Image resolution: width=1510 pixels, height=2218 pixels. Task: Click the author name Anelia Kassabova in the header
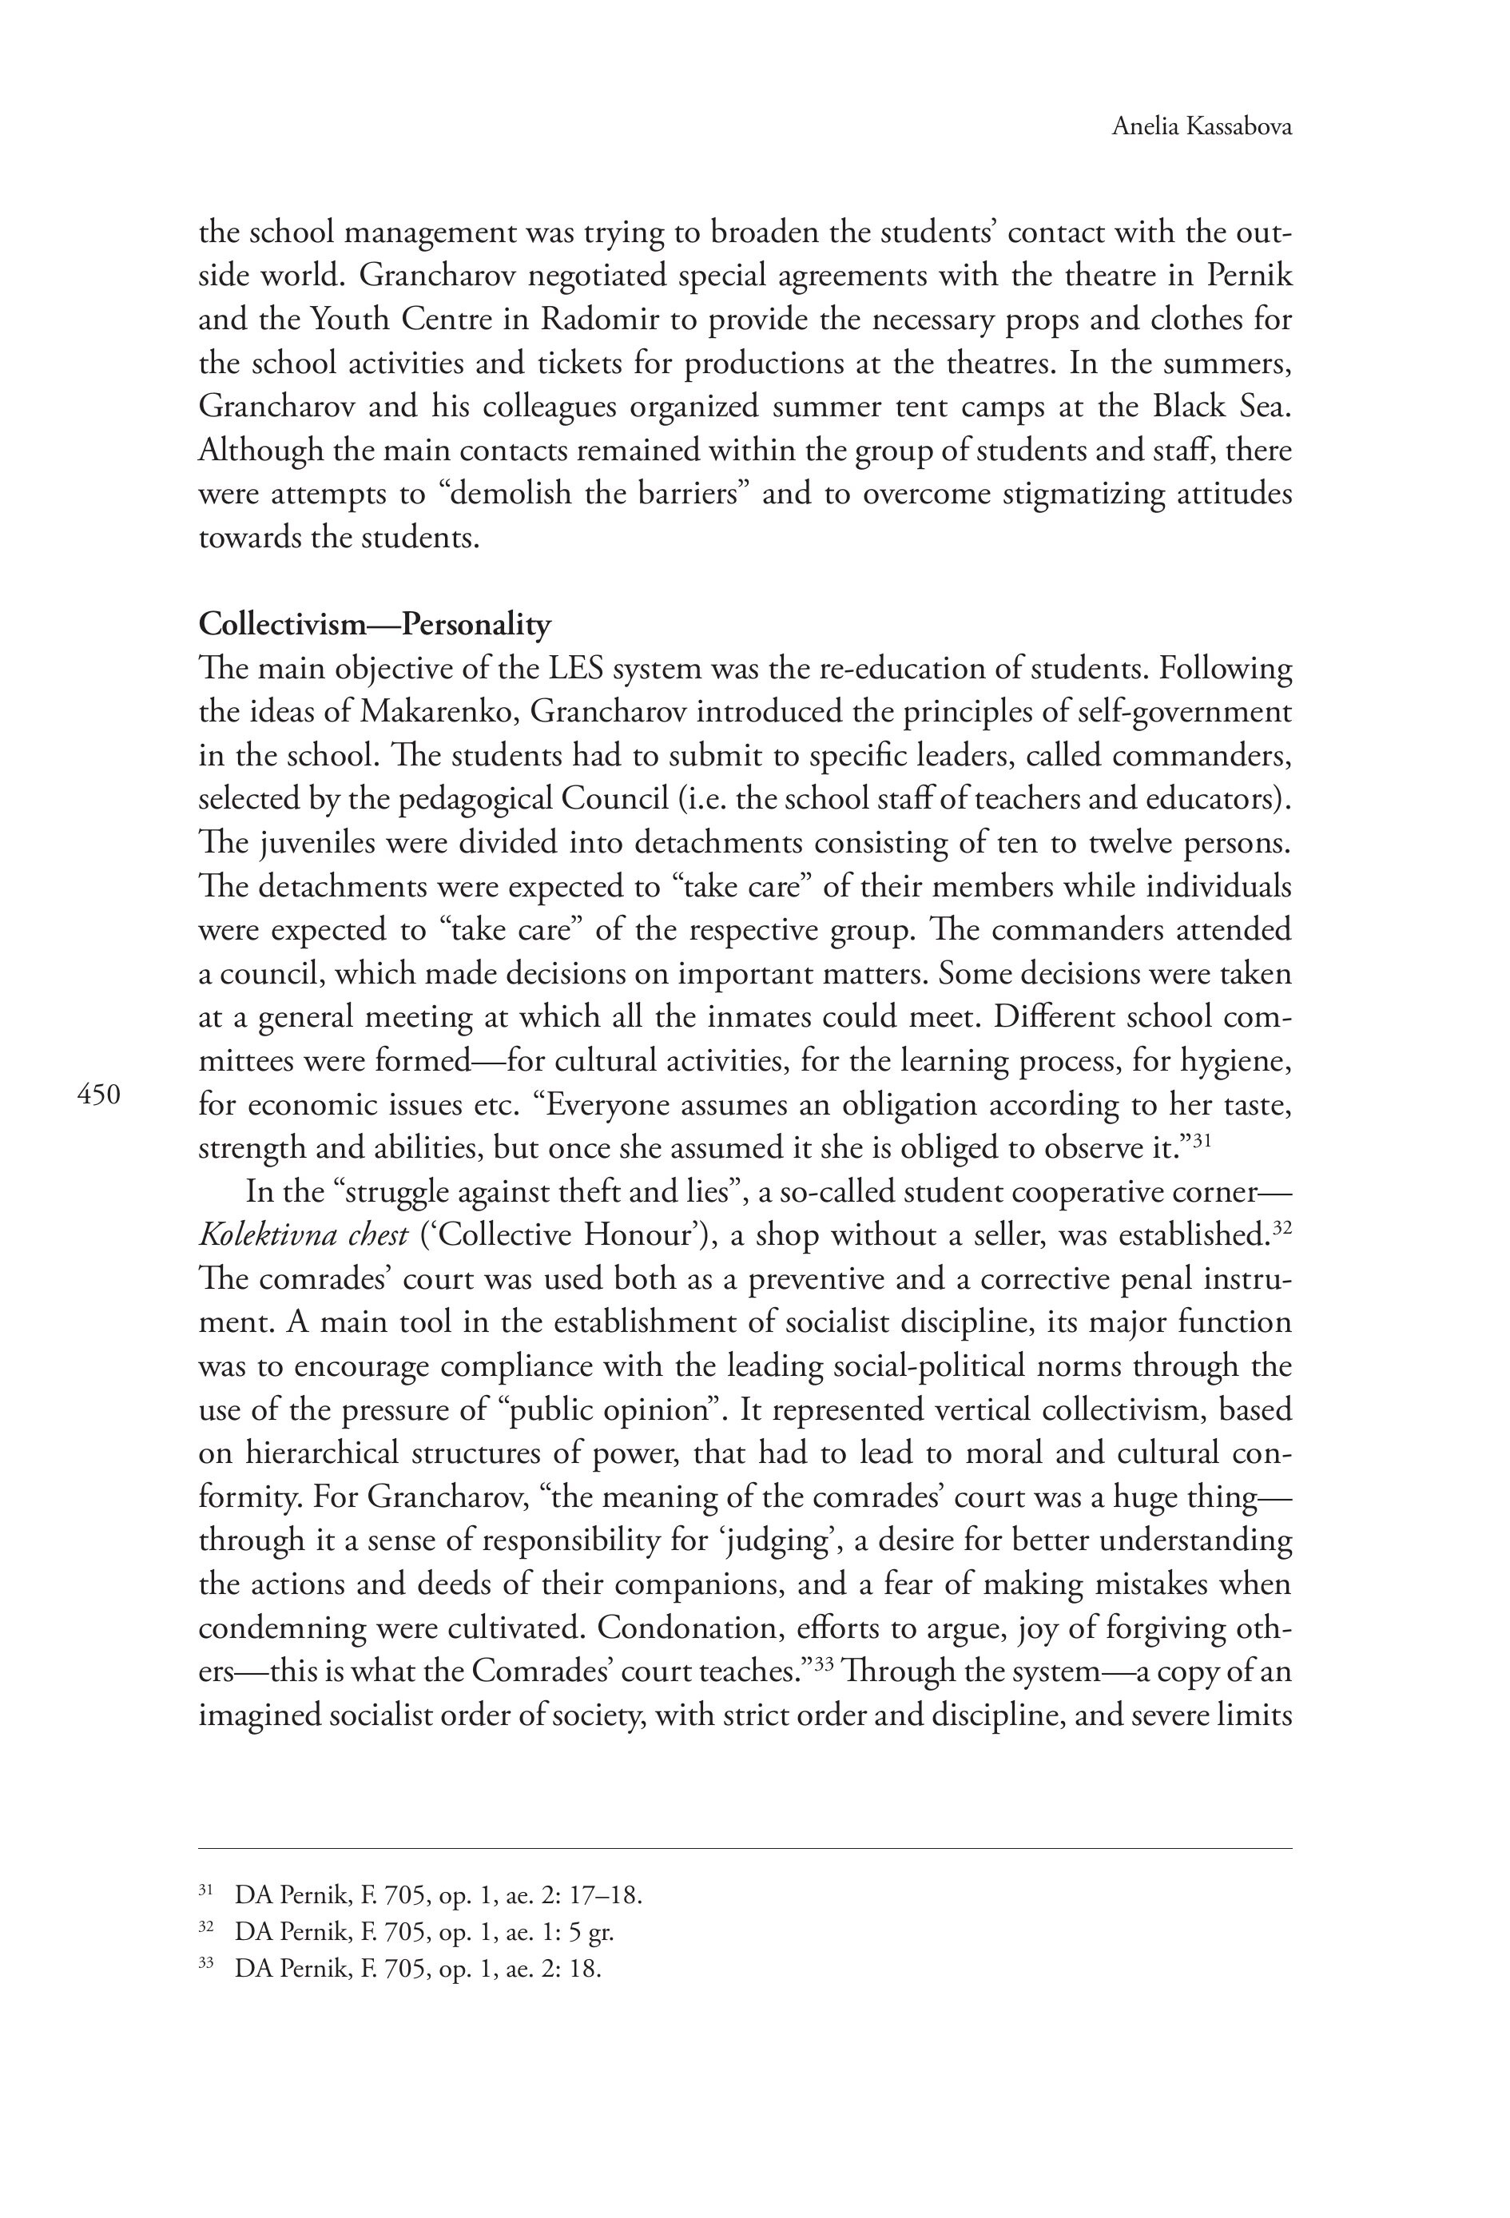coord(1201,127)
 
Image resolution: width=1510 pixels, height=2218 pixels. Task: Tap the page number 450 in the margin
coord(98,1095)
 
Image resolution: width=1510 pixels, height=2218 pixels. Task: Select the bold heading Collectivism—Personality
coord(374,624)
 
